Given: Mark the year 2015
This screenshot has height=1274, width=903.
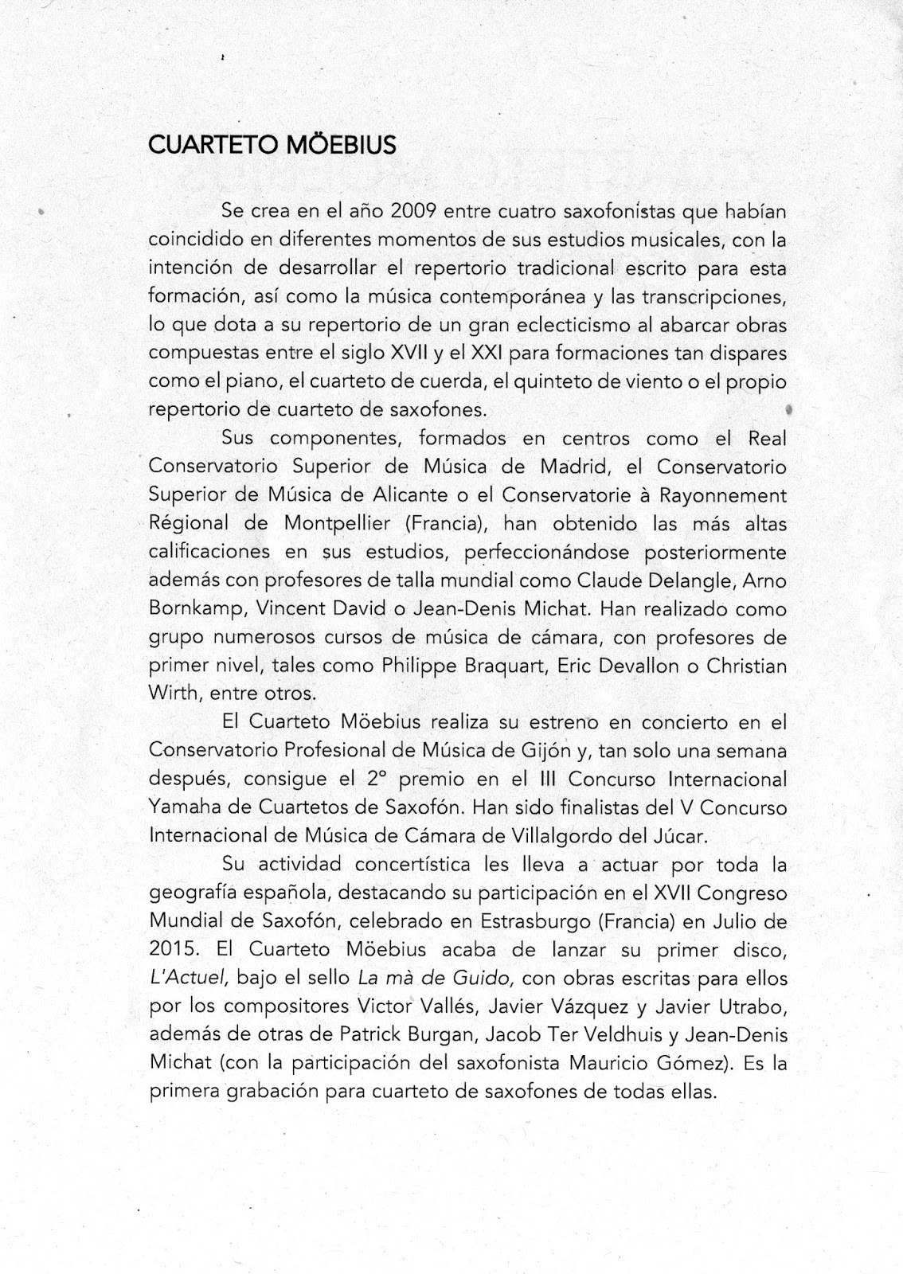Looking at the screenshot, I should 170,950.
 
